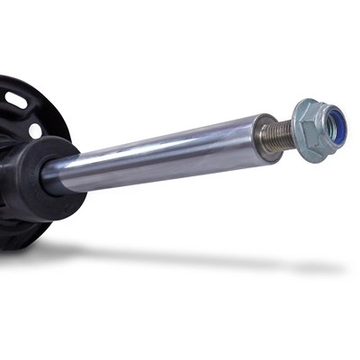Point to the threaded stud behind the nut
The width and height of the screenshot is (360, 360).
280,135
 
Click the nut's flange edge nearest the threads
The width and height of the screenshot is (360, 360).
296,144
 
